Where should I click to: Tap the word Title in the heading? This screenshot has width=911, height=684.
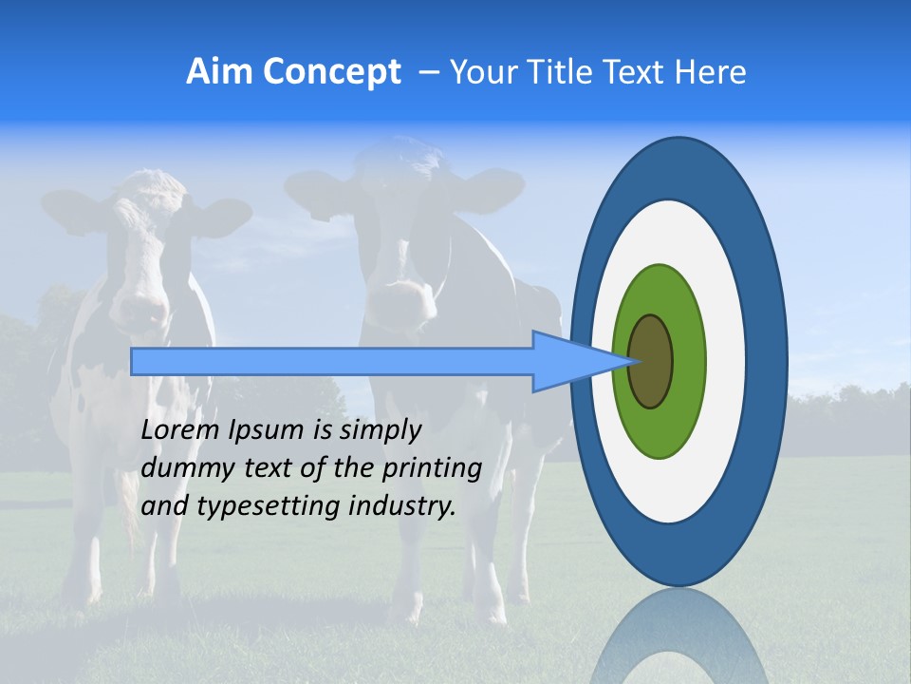click(x=582, y=72)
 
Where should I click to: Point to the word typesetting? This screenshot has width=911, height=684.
click(x=255, y=507)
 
